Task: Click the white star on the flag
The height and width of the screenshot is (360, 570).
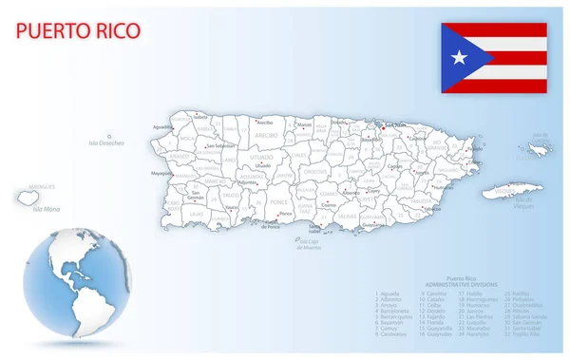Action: [x=460, y=58]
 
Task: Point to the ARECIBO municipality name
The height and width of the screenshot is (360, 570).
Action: [x=264, y=137]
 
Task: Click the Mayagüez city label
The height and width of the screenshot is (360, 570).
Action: [x=161, y=174]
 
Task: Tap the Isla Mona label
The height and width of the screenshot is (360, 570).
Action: [x=46, y=208]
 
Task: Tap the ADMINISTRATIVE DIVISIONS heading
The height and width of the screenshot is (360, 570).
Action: [x=460, y=284]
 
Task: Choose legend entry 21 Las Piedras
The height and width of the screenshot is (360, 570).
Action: [x=477, y=315]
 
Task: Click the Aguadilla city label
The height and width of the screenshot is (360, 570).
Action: [x=162, y=125]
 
